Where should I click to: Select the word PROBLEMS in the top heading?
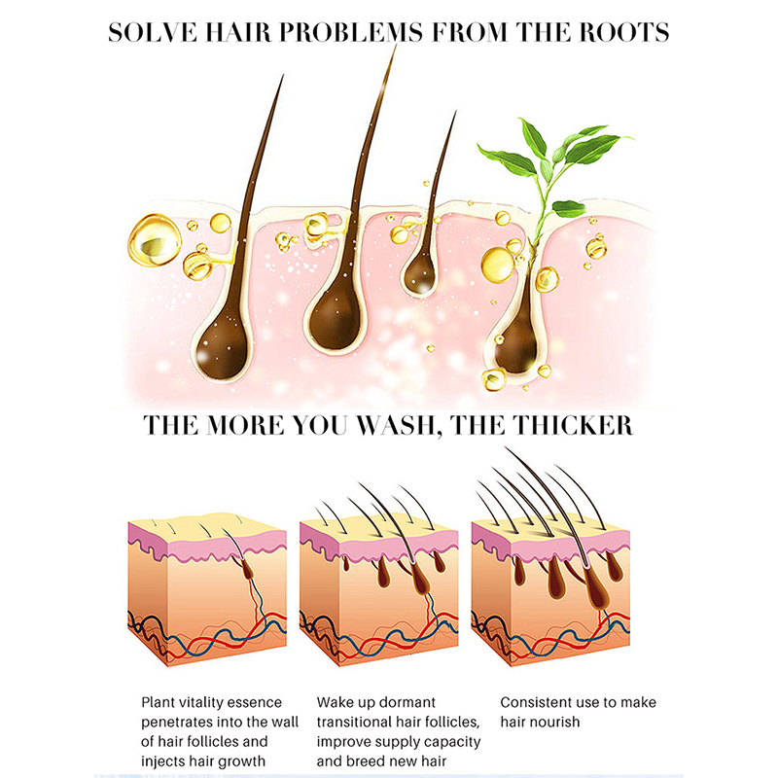[350, 32]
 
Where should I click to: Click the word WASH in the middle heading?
[400, 426]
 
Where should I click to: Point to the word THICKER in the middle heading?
[573, 426]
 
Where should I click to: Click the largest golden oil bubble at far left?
[154, 239]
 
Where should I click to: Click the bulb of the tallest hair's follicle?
[335, 319]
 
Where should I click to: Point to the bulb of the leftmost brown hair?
[222, 348]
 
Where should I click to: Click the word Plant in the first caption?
[159, 702]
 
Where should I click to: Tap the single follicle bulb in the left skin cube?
[248, 571]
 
